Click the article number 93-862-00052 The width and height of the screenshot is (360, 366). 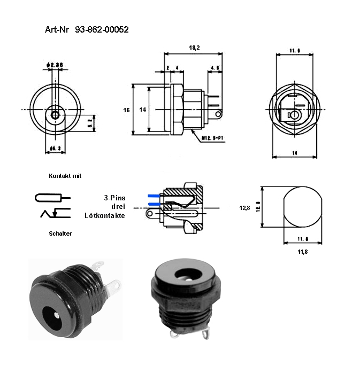click(102, 30)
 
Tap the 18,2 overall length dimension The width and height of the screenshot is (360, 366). click(194, 48)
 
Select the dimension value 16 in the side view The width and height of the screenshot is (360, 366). click(126, 110)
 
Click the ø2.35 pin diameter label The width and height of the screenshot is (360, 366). click(55, 65)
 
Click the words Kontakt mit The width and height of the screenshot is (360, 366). click(65, 176)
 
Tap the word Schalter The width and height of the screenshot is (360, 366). click(60, 233)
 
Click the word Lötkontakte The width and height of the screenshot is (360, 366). click(105, 215)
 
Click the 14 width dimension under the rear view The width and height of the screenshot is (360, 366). click(294, 153)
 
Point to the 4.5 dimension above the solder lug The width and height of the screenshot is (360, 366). click(215, 68)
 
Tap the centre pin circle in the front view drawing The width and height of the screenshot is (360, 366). click(55, 114)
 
